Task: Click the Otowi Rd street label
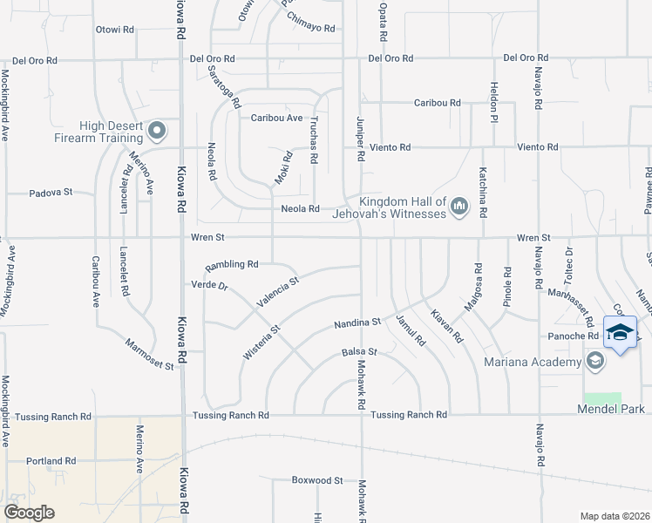point(115,30)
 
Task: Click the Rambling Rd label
point(232,264)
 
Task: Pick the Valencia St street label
point(277,292)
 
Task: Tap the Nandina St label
point(358,323)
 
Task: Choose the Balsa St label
point(358,352)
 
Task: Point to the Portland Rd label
point(51,460)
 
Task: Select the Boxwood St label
point(317,480)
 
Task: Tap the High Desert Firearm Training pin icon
point(157,132)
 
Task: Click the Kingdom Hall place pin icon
point(459,207)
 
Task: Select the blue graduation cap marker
point(620,332)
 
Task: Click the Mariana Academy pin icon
point(595,362)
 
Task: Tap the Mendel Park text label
point(609,409)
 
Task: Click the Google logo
point(29,513)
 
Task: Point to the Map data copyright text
point(615,516)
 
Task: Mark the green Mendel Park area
point(609,397)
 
